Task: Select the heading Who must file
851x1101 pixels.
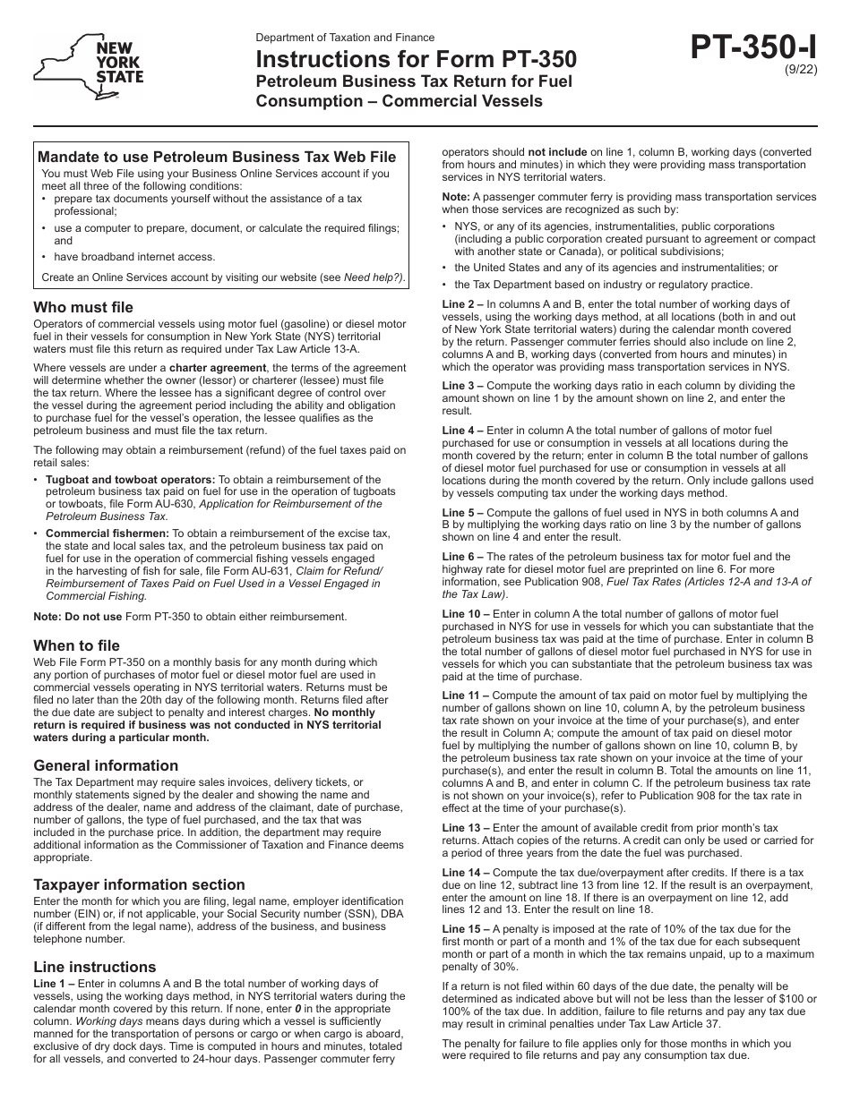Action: click(x=83, y=307)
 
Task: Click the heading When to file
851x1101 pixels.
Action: click(x=76, y=645)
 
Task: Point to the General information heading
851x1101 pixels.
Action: click(x=106, y=765)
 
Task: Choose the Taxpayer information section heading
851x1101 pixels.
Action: click(x=139, y=884)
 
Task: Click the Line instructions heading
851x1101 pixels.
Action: click(x=94, y=967)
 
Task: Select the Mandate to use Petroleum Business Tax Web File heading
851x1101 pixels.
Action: click(x=217, y=157)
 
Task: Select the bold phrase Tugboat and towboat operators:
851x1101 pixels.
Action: click(x=131, y=480)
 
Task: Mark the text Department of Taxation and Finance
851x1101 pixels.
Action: click(x=345, y=38)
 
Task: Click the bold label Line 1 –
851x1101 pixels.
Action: click(x=56, y=983)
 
